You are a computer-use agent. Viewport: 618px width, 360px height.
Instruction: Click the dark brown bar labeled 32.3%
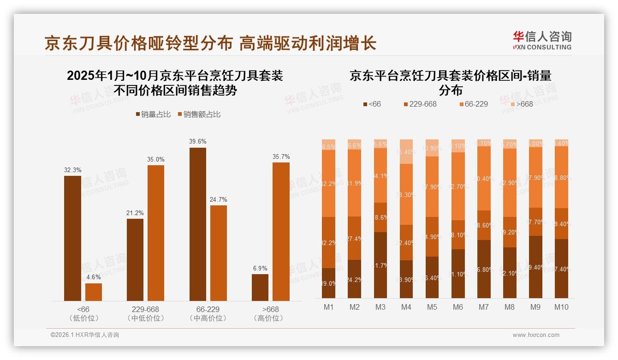[72, 238]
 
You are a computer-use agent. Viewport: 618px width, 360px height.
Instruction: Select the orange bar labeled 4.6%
[94, 292]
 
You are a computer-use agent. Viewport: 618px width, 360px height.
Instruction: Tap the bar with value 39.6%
[198, 224]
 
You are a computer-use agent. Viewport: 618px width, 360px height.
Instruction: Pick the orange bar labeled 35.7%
[281, 232]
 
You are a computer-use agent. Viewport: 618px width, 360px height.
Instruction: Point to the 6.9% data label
[260, 268]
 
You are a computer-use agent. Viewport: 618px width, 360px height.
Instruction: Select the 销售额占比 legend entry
[198, 114]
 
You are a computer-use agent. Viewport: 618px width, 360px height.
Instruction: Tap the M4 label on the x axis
[406, 307]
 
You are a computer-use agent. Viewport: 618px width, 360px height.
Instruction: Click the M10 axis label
[561, 307]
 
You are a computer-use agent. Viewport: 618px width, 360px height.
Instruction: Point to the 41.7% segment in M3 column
[380, 265]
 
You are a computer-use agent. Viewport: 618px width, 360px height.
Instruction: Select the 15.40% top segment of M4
[406, 151]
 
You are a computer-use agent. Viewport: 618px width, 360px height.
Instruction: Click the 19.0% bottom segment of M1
[329, 283]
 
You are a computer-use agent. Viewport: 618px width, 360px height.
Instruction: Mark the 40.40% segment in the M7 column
[484, 178]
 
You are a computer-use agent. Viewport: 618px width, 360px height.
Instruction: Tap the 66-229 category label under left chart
[208, 309]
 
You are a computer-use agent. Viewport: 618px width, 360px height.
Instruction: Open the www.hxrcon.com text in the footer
[536, 335]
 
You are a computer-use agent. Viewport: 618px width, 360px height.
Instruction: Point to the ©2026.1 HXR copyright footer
[84, 335]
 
